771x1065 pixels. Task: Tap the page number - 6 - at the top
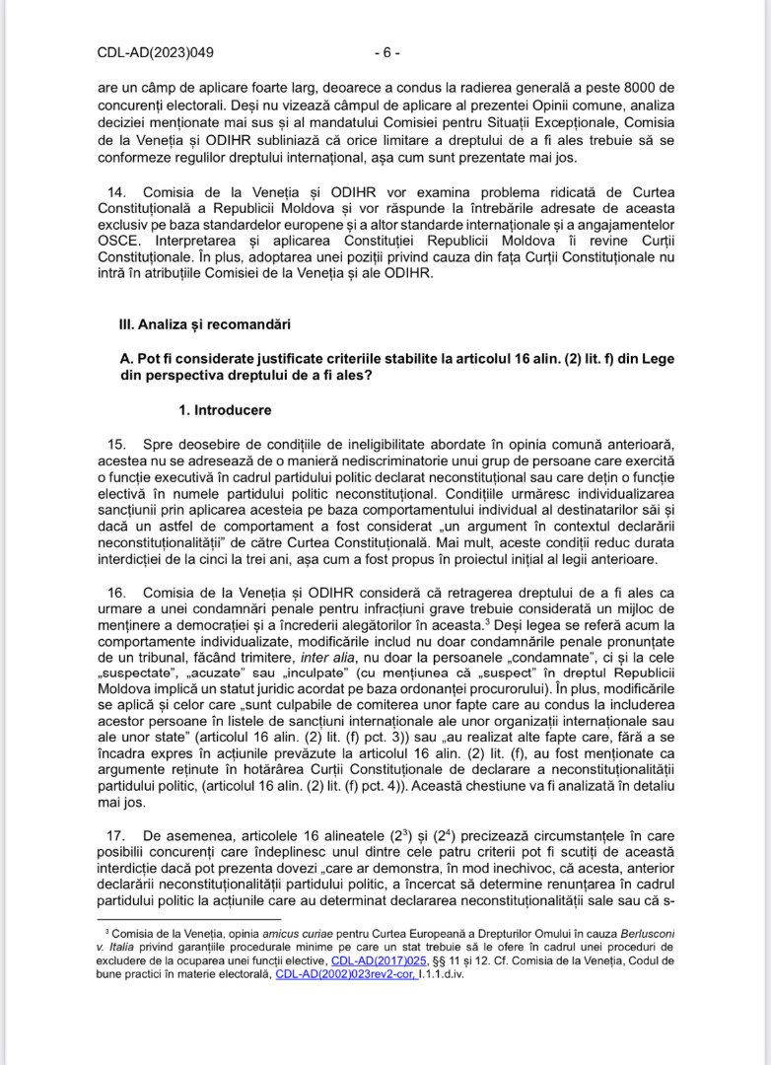[x=385, y=52]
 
